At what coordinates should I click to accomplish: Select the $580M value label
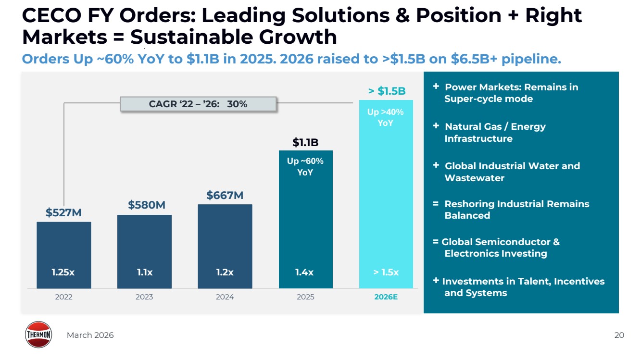(x=147, y=205)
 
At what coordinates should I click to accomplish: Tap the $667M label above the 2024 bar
(x=225, y=195)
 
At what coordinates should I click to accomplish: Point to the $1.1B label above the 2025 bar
(x=305, y=142)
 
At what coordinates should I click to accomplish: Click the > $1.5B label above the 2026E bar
(x=387, y=91)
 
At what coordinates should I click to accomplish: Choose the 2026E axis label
(x=386, y=297)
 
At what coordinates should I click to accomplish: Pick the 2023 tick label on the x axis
(x=144, y=297)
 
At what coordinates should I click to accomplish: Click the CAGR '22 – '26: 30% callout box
(x=198, y=104)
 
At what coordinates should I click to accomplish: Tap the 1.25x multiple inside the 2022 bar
(x=63, y=273)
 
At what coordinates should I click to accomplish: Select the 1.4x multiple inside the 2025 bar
(x=304, y=273)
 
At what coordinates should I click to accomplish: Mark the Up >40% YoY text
(x=386, y=117)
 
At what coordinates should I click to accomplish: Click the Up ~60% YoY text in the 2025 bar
(x=305, y=166)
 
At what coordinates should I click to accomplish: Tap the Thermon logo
(x=38, y=335)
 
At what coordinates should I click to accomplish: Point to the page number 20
(x=619, y=335)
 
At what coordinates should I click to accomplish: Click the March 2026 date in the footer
(x=90, y=335)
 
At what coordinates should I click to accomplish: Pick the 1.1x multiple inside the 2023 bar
(x=144, y=273)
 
